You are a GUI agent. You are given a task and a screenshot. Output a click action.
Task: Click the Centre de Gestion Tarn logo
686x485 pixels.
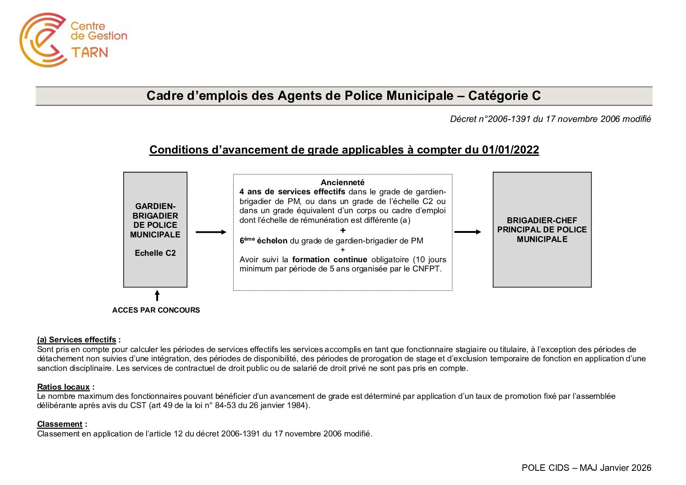pos(73,40)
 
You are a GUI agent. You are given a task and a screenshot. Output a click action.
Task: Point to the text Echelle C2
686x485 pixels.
pos(155,253)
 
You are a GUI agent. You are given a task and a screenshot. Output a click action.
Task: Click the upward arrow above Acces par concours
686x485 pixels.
pos(157,296)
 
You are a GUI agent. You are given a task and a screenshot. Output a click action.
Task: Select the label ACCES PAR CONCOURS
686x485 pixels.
pos(156,310)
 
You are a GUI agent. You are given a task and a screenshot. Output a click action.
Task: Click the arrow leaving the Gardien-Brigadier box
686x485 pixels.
pos(211,232)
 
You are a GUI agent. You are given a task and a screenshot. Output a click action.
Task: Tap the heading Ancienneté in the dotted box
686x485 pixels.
pos(342,182)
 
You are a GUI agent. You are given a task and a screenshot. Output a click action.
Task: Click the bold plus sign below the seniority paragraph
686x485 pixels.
pos(343,231)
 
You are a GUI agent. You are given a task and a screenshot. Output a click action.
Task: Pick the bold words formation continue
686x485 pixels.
pos(329,259)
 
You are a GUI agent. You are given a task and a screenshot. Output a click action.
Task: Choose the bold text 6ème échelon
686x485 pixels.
pos(263,241)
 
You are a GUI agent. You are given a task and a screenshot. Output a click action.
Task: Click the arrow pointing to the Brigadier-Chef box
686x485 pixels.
pos(468,232)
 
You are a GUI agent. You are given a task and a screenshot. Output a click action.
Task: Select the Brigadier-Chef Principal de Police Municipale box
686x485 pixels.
pos(542,230)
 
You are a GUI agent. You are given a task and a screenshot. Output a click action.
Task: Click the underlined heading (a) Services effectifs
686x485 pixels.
pos(77,340)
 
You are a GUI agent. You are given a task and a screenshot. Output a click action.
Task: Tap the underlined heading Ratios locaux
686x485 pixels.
pos(63,387)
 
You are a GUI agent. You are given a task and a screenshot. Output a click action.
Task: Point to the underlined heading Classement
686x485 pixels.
pos(60,424)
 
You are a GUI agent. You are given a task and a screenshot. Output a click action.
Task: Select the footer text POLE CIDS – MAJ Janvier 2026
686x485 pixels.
pos(586,468)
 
